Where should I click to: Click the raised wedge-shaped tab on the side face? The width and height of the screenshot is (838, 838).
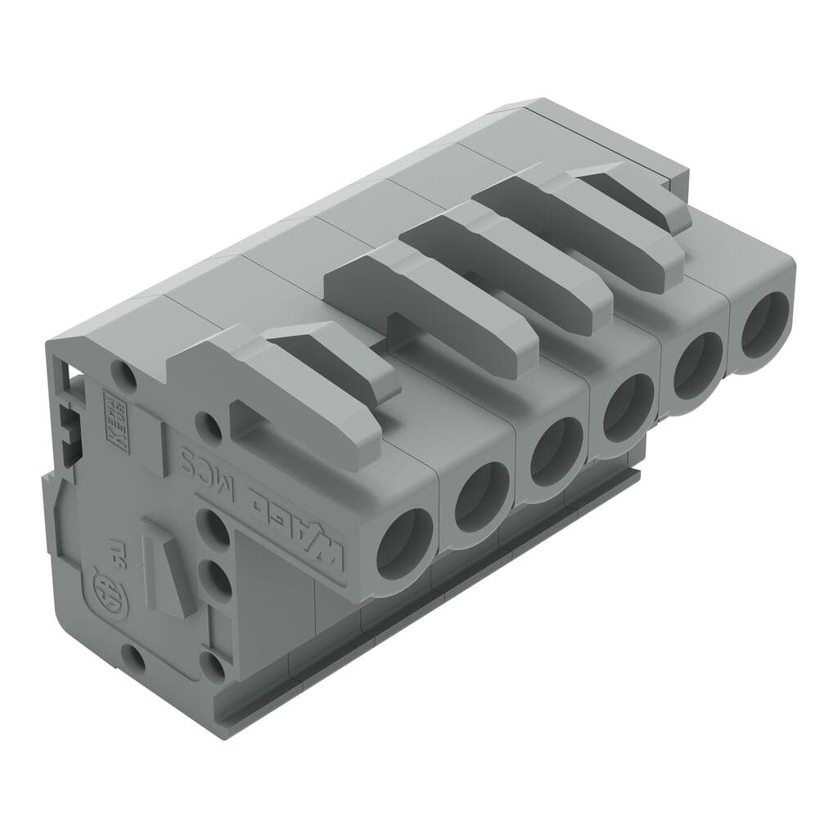coord(169,569)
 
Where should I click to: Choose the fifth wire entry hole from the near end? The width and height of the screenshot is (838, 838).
coord(696,361)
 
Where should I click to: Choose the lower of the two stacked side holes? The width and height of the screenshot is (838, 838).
coord(214,582)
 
